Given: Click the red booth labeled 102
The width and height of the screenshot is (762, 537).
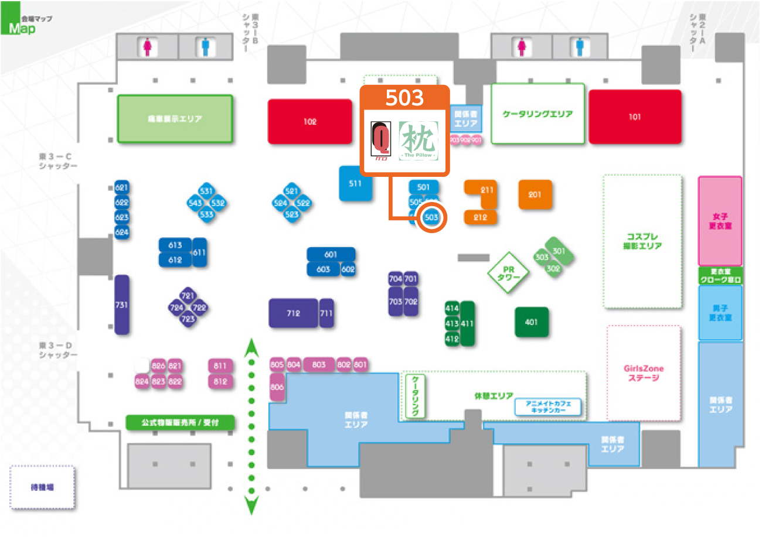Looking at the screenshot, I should coord(310,121).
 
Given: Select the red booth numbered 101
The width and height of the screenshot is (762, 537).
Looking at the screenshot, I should coord(635,117).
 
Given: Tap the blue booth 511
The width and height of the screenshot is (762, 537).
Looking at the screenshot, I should coord(355,183).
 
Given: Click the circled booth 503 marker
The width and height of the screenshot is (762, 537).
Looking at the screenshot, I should coord(431,217).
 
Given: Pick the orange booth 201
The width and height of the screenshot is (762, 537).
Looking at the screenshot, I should coord(535,194).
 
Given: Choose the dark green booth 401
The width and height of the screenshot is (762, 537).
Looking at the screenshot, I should coord(532,322).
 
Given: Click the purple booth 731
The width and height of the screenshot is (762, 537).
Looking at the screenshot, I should coord(122,305).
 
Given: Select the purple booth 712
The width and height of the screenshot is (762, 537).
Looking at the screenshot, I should coord(293,313).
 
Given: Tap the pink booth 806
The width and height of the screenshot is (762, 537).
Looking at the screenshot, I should coord(277,387).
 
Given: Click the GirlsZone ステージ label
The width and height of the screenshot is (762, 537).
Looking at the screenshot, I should coord(644,373).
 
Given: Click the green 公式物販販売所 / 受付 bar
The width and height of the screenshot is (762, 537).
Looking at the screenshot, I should coord(181,422).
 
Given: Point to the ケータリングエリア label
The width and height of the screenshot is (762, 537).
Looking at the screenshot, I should coord(538,114).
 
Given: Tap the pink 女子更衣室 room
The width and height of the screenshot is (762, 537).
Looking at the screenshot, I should coord(720,221).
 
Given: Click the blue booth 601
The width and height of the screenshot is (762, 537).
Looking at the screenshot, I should coord(331,254).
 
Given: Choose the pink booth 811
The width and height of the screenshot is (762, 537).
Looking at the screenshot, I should coord(220,366).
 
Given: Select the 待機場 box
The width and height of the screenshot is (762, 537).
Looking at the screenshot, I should coord(42,487).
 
